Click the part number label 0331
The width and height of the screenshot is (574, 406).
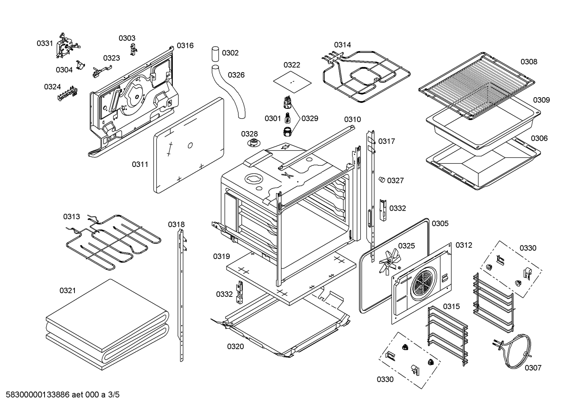point(45,43)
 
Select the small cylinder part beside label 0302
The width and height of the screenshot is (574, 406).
point(215,54)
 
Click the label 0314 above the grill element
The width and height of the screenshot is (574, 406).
point(342,45)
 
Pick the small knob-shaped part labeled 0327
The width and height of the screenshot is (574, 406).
point(382,180)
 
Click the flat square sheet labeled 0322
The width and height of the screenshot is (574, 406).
point(292,82)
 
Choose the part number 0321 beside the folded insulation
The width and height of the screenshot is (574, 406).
point(68,290)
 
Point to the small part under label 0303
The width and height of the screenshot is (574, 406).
point(133,49)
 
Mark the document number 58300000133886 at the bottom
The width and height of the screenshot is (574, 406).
point(37,394)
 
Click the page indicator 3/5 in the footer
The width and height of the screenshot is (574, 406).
point(114,394)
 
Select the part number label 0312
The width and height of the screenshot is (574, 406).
point(464,245)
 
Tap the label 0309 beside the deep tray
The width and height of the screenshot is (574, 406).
point(541,100)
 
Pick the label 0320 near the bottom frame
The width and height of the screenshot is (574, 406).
point(236,347)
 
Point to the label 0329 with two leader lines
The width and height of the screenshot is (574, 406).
point(310,118)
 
